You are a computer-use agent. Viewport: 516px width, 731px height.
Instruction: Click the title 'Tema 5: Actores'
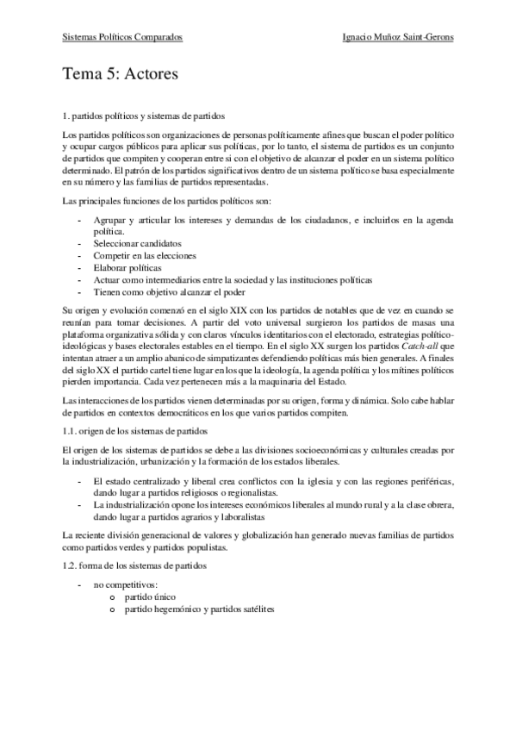[121, 75]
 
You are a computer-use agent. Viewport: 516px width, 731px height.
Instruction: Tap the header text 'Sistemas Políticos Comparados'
[123, 37]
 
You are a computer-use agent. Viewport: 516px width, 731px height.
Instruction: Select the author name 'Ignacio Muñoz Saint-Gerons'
[397, 37]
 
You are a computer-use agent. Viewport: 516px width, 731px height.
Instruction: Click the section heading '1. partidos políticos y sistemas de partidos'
[146, 115]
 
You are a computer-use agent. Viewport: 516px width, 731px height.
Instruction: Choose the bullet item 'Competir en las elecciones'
[145, 256]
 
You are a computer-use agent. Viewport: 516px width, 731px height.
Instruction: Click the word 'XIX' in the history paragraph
[214, 309]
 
